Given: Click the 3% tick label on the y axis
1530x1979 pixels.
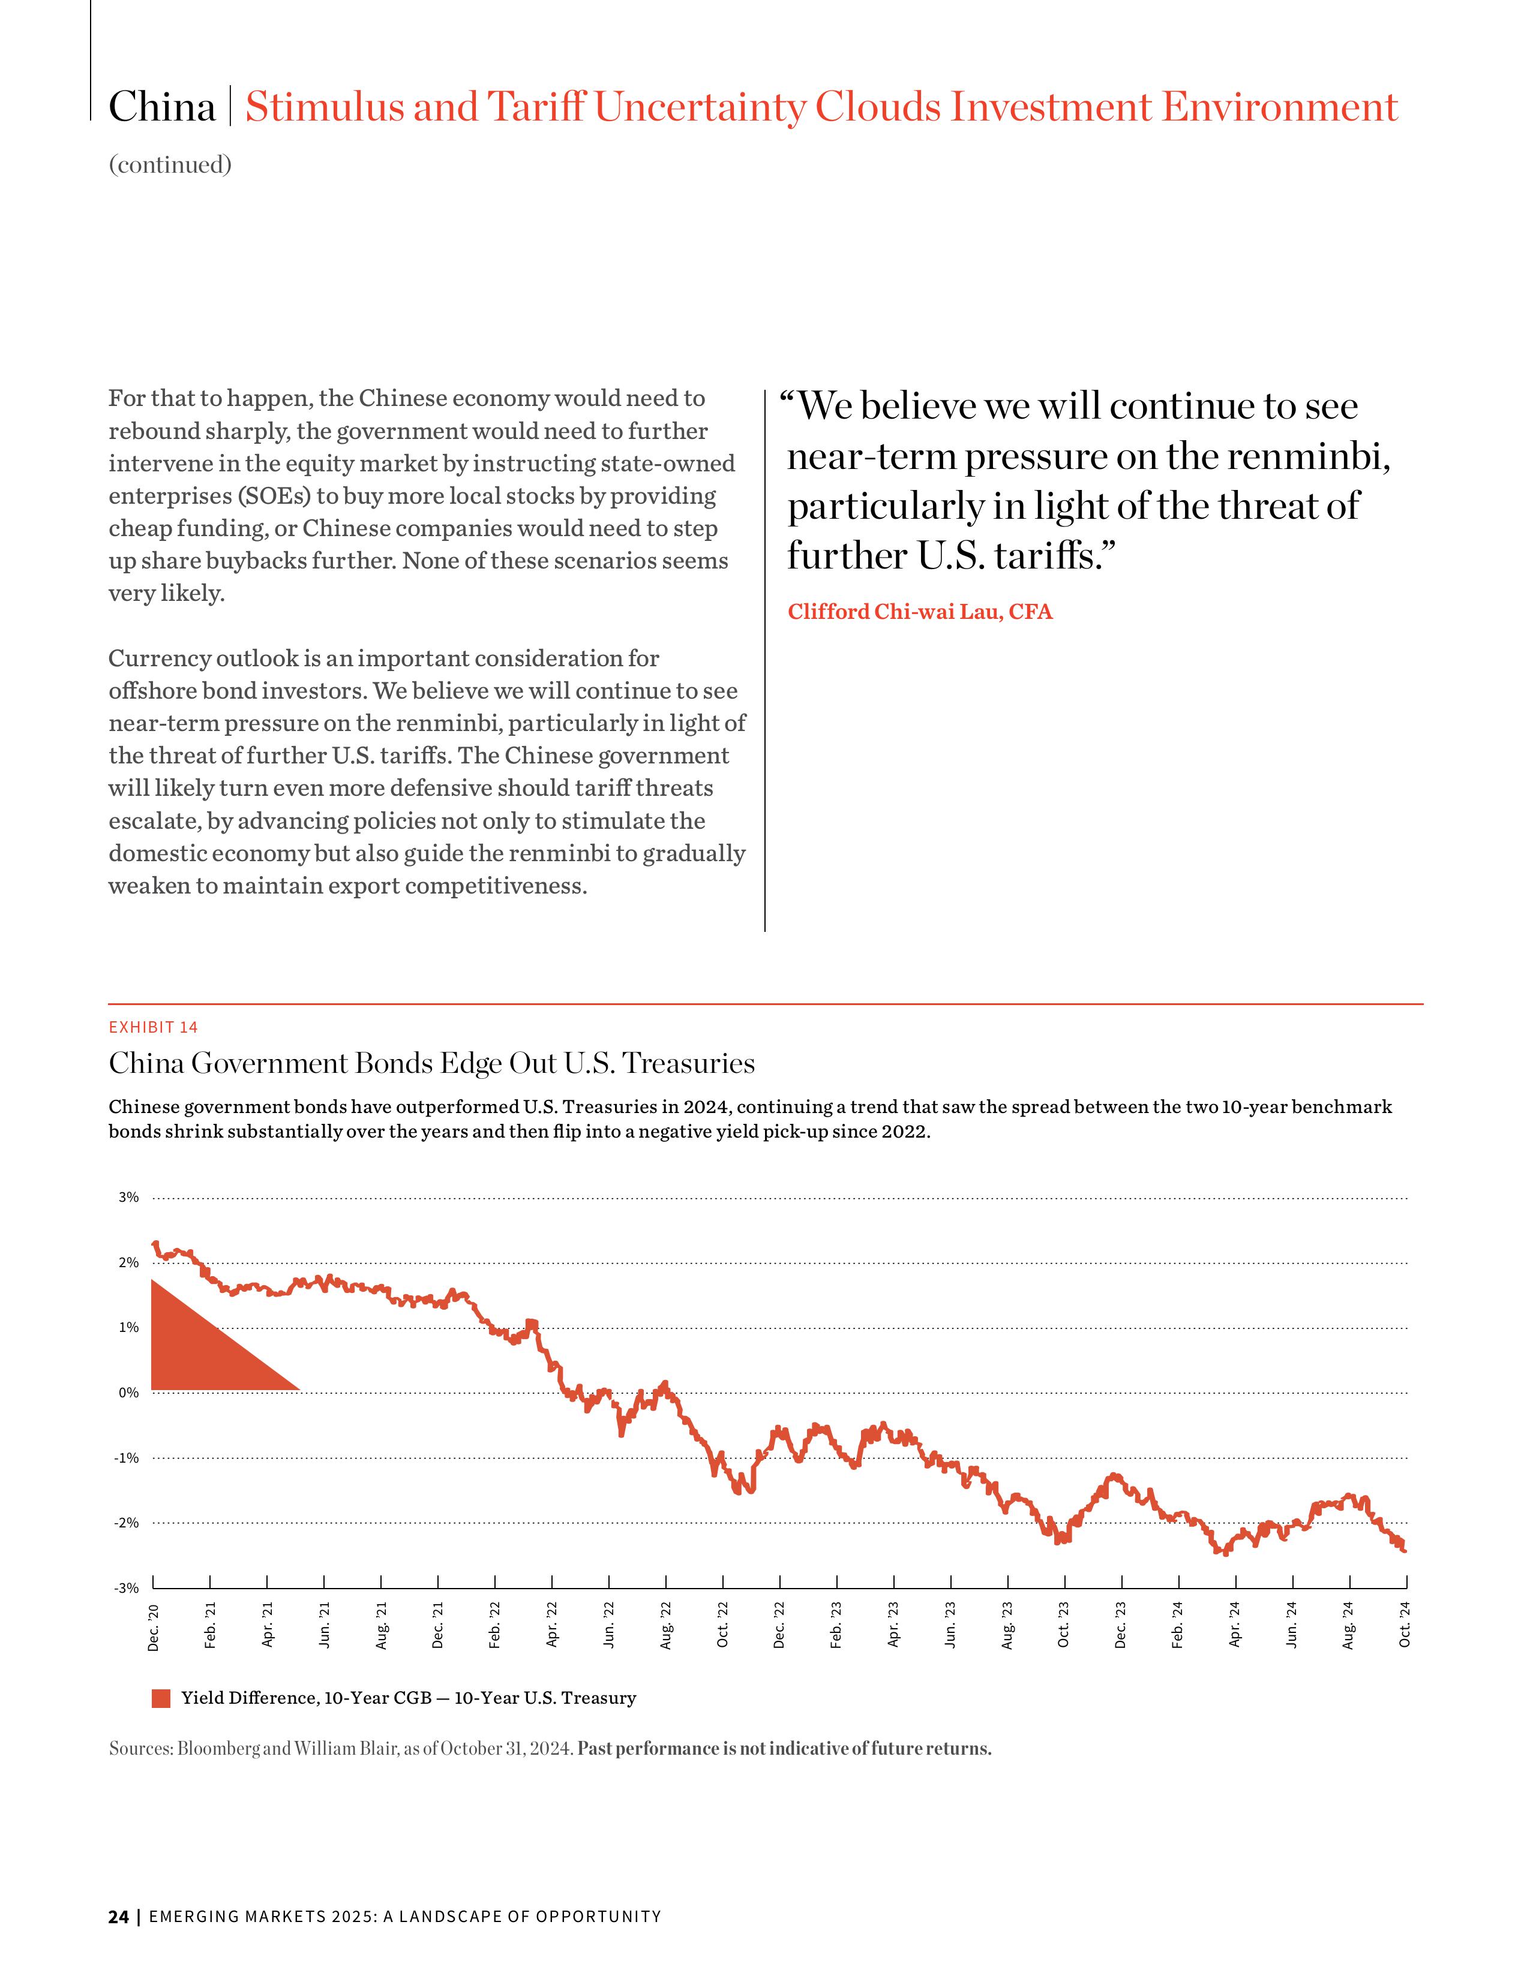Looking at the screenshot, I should click(128, 1197).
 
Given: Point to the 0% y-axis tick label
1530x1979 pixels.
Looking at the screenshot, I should click(128, 1392).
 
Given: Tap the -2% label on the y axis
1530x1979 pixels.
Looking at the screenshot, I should click(126, 1523).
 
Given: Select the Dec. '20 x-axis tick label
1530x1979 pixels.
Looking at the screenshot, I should click(153, 1626).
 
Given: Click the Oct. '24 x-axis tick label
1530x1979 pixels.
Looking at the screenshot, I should click(1405, 1626).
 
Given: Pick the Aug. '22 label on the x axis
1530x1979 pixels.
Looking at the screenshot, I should click(666, 1626).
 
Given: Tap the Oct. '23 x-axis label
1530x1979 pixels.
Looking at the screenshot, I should click(1064, 1626).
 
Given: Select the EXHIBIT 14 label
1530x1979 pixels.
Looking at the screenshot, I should click(153, 1027).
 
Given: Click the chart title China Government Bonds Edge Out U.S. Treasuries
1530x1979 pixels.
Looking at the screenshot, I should click(431, 1063).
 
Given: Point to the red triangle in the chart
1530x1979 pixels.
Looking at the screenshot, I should click(195, 1350).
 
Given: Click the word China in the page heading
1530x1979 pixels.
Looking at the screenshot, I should click(162, 107).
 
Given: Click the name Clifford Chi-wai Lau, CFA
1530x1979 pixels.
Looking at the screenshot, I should click(920, 612).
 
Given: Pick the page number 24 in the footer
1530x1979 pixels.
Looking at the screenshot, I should click(118, 1917).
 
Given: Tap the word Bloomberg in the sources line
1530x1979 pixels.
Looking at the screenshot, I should click(218, 1749).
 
